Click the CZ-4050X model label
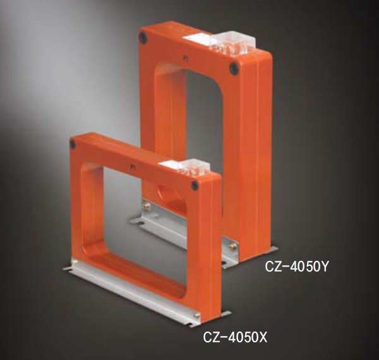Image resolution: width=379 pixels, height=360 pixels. (235, 338)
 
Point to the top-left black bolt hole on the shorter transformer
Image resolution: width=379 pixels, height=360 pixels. (74, 145)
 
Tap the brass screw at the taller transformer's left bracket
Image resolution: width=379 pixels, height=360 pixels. (146, 204)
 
